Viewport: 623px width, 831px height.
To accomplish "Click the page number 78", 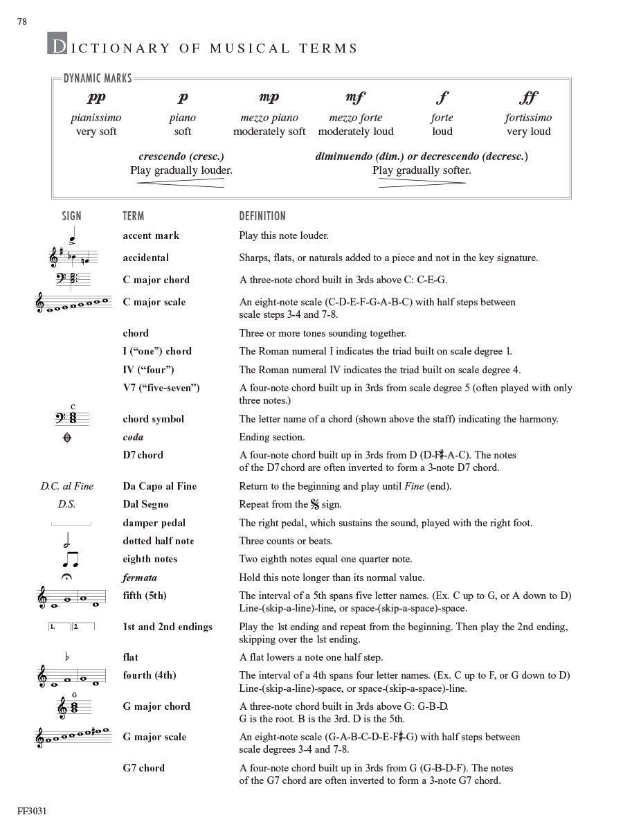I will pos(22,21).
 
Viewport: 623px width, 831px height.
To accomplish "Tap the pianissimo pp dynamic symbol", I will pos(96,98).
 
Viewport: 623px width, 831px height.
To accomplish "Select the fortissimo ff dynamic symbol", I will pos(528,98).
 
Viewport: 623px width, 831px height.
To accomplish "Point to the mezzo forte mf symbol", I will pos(355,98).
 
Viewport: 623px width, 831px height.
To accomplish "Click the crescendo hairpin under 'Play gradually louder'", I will pos(181,183).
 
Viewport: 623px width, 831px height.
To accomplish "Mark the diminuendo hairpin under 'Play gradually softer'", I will pos(422,183).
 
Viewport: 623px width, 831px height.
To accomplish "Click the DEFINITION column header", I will pos(262,216).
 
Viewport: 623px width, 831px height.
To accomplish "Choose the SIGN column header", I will pos(71,216).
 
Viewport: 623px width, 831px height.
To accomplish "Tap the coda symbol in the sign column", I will pos(67,438).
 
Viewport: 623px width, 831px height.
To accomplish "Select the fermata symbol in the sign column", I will pos(67,578).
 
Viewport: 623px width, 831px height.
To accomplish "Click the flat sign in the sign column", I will pos(67,656).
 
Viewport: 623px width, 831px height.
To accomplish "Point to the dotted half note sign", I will pos(68,539).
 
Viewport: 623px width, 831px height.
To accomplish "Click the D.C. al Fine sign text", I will pos(66,486).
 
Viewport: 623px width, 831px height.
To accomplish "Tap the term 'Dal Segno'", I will pos(145,504).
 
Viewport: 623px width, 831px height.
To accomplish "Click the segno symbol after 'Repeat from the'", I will pos(315,504).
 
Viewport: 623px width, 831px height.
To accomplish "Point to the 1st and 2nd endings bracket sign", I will pos(71,627).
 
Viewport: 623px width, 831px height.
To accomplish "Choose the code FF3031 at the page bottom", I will pos(32,811).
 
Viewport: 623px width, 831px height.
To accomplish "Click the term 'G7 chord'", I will pos(143,767).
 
